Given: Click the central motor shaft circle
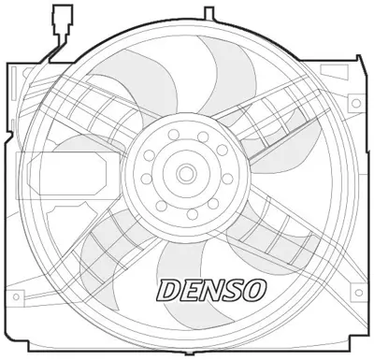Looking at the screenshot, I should pyautogui.click(x=186, y=173).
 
